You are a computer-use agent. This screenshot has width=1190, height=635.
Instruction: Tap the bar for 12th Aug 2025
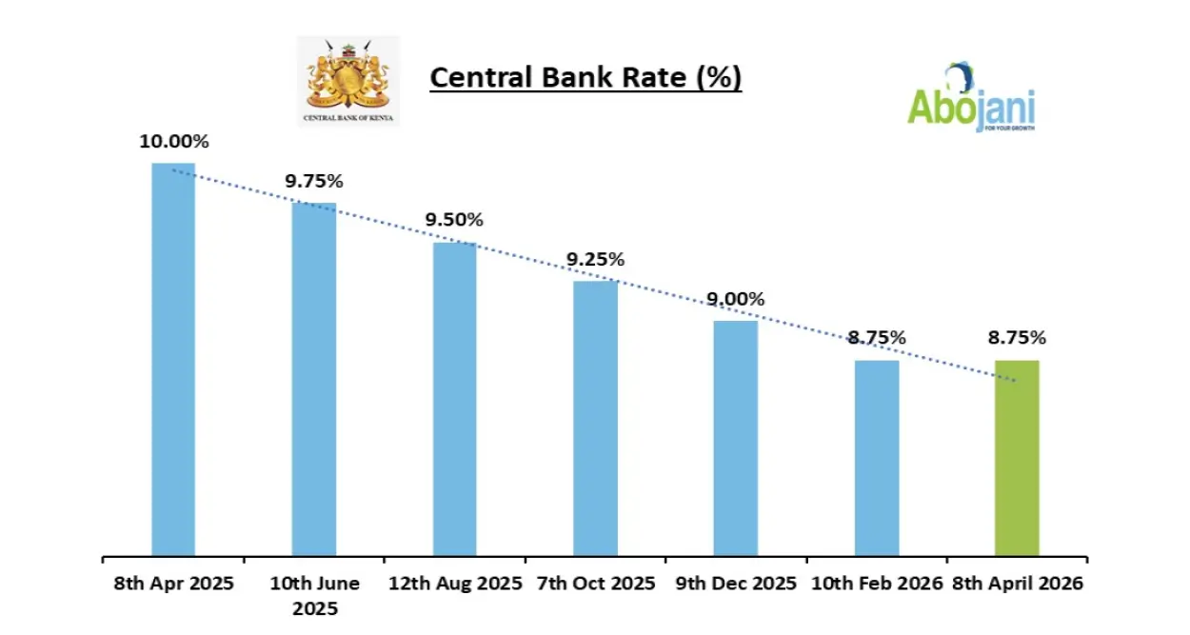point(455,399)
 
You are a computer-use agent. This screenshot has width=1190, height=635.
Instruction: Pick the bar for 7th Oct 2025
point(595,418)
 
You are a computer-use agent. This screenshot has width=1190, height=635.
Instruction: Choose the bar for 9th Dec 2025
point(736,438)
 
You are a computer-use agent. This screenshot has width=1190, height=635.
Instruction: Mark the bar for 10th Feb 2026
point(877,458)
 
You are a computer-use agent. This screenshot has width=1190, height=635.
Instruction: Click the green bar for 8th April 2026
point(1017,458)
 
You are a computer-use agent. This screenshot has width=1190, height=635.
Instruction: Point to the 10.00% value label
point(174,142)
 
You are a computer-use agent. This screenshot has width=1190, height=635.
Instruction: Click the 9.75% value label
point(314,182)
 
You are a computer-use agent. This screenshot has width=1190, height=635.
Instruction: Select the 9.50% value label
point(454,220)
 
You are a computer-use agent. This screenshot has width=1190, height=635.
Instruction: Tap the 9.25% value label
point(595,259)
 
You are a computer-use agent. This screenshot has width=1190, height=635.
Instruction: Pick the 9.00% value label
point(735,298)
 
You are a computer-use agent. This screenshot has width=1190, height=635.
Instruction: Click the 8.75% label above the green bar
point(1017,337)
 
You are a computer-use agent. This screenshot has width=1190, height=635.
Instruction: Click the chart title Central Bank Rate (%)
point(585,77)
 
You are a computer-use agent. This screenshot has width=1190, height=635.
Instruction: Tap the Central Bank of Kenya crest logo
point(348,80)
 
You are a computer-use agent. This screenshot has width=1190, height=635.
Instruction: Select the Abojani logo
point(970,99)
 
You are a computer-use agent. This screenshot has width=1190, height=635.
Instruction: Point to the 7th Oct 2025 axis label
point(596,584)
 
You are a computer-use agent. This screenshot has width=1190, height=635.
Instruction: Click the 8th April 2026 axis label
point(1018,584)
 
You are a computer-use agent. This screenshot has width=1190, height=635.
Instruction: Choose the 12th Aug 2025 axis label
point(455,584)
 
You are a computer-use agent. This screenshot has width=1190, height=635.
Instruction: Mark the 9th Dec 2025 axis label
point(736,584)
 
